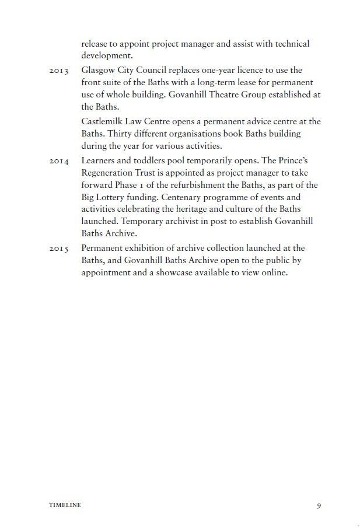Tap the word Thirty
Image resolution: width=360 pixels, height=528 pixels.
coord(123,134)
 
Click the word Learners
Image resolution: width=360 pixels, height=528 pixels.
coord(99,160)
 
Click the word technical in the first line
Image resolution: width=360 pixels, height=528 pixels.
coord(289,44)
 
